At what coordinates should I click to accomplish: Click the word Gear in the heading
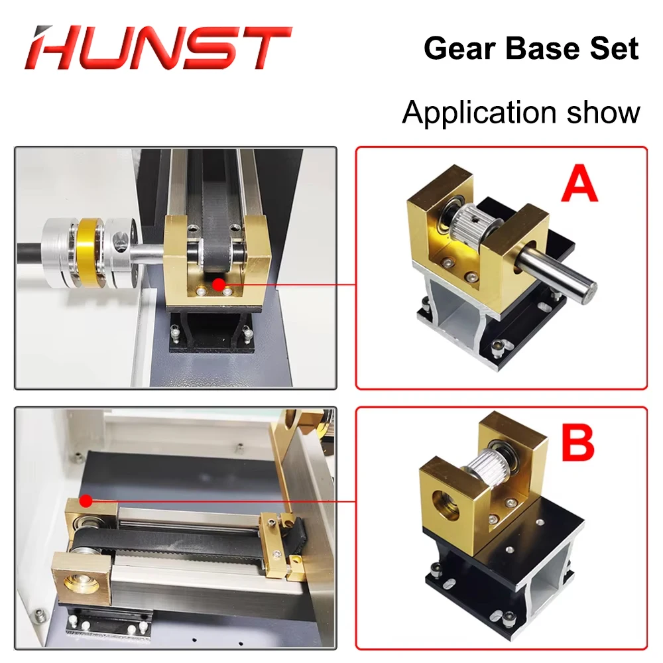click(x=456, y=48)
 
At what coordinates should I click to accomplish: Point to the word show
click(x=604, y=112)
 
